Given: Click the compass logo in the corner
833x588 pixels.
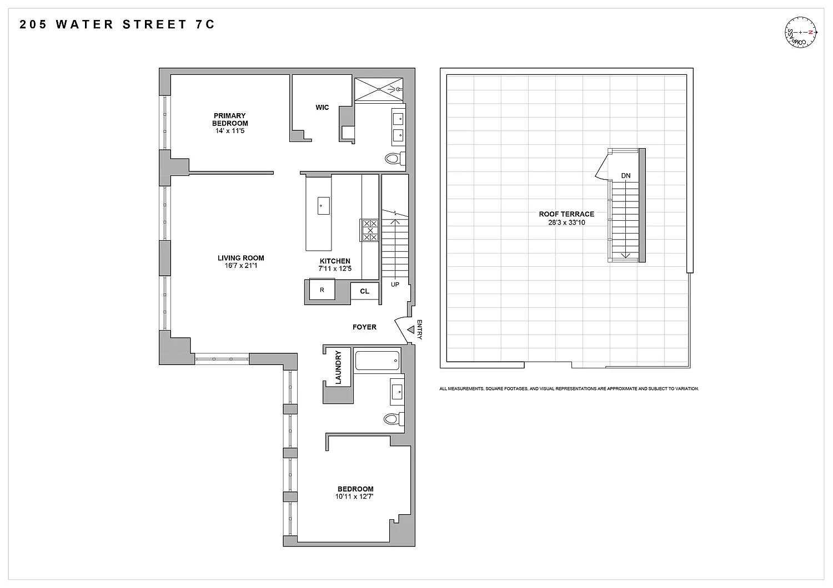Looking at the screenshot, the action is point(801,32).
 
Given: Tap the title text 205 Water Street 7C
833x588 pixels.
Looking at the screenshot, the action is point(117,24).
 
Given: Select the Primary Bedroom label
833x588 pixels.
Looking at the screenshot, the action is point(230,119).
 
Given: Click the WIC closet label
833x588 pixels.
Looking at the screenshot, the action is point(322,108).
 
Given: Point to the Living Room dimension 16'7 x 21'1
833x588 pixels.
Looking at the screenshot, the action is point(240,266).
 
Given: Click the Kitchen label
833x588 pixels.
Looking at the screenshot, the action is point(335,261).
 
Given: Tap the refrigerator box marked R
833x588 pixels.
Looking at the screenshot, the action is point(322,290).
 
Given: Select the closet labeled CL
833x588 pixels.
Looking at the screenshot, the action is point(364,291).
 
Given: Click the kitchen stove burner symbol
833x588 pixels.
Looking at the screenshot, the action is point(370,230).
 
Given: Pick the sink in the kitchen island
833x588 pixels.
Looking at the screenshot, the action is point(324,206).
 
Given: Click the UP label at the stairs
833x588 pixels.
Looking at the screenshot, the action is point(395,285).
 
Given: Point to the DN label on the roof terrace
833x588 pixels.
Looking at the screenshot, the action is point(626,176).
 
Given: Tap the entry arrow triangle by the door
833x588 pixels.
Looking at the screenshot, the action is point(411,330).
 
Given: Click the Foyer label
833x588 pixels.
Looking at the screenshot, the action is point(364,327).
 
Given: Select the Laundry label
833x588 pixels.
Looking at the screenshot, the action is point(338,367).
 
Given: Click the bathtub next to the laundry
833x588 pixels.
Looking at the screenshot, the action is point(377,361).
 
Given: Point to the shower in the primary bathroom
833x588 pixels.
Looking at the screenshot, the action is point(379,89).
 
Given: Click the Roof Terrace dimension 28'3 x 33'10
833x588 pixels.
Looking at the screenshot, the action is point(566,222).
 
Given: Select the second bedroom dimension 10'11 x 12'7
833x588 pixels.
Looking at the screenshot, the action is point(354,496).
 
